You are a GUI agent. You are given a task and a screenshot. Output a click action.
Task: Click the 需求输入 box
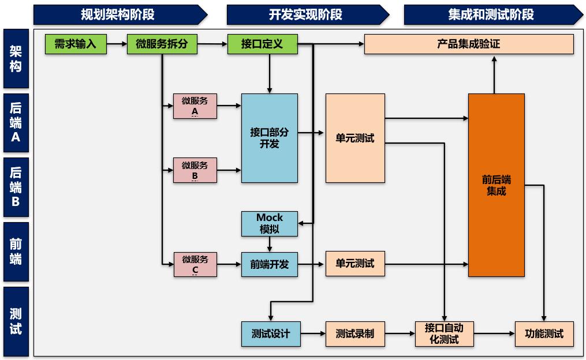76,44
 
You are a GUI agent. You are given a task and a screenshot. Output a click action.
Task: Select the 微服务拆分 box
162,44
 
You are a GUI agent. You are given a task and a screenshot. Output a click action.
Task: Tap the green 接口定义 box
262,44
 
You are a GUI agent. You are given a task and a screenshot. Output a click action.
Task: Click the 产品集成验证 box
469,44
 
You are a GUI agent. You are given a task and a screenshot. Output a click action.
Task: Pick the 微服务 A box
195,106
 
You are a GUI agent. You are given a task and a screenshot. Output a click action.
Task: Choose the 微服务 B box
195,170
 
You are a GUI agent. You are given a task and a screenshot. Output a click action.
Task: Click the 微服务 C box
195,264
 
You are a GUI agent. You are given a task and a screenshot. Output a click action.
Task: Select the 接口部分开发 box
270,138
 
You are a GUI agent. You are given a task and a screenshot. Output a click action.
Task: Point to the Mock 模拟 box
270,223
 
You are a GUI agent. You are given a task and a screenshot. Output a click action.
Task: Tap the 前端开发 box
270,264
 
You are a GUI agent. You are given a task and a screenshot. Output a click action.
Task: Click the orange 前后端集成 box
496,185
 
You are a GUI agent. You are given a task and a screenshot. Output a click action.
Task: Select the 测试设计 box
270,333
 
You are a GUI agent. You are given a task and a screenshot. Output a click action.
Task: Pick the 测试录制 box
354,333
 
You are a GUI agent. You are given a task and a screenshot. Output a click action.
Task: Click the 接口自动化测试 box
444,333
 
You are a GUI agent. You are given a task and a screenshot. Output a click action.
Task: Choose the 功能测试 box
544,333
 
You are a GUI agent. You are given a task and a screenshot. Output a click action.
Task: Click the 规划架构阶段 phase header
118,14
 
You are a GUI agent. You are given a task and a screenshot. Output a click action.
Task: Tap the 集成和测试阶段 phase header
491,14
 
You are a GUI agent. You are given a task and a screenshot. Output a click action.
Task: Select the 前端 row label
16,252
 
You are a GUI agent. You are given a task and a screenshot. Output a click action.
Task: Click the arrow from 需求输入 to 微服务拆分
117,44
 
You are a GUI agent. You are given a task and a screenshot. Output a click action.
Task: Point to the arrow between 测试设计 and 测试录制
313,333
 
